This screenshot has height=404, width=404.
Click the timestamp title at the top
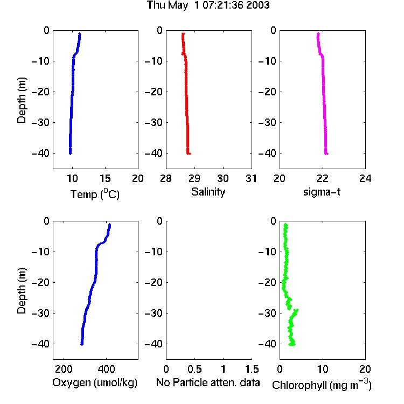coord(208,5)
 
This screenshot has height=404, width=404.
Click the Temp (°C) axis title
coord(95,194)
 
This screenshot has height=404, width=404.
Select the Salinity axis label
coord(208,192)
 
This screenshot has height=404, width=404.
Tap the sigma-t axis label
coord(322,192)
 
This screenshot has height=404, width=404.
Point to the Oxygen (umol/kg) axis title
coord(95,382)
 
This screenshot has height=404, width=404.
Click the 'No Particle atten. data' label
coord(208,382)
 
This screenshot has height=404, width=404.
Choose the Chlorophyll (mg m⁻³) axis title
coord(322,385)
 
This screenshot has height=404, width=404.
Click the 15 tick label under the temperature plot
coord(105,178)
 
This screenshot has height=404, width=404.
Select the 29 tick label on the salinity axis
coord(194,178)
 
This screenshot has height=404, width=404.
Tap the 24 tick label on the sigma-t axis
coord(365,178)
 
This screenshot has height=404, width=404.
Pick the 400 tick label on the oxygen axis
coord(106,369)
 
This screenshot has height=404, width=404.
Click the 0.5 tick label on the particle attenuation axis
coord(194,369)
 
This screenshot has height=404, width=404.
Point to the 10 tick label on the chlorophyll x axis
coord(323,369)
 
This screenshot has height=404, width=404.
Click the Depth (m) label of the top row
coord(22,100)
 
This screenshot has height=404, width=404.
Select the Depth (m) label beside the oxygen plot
coord(22,291)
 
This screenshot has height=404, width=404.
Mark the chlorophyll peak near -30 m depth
coord(297,310)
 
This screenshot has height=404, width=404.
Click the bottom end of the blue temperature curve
coord(70,154)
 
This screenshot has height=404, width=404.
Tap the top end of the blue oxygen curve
coord(110,225)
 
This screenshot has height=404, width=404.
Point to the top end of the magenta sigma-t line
coord(318,33)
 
